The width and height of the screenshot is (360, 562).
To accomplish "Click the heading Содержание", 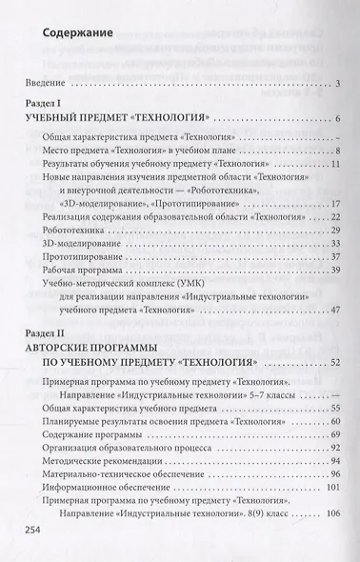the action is pos(79,37).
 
